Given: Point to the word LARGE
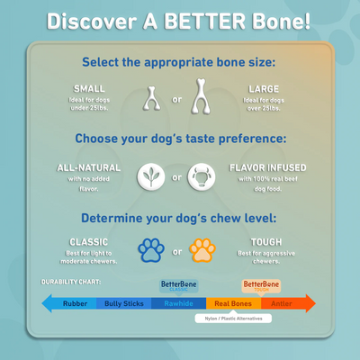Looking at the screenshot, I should [264, 88].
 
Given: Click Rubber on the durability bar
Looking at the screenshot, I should [75, 303].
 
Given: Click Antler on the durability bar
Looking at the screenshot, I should [282, 303].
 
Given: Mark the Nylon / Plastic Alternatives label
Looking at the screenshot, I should [233, 318].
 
